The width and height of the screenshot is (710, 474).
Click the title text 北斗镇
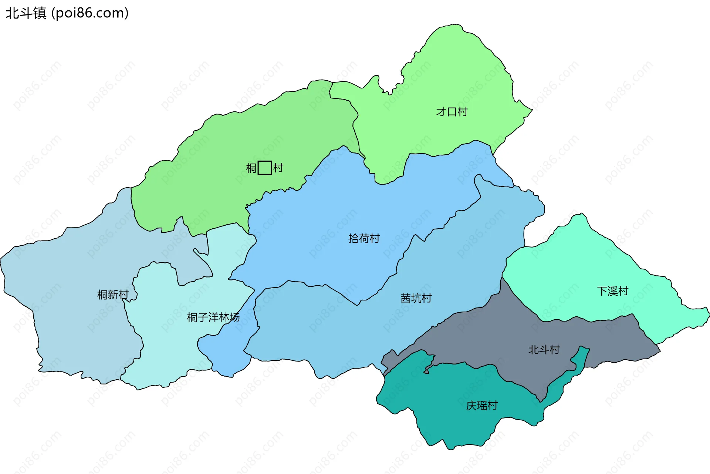[x=26, y=13]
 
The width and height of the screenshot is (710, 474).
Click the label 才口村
[x=452, y=111]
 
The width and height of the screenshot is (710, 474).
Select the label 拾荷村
[x=364, y=238]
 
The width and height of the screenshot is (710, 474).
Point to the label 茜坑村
[x=416, y=298]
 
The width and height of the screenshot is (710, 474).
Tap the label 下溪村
[x=612, y=291]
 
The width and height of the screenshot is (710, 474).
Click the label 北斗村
[x=544, y=350]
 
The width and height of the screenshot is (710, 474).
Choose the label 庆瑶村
[x=481, y=406]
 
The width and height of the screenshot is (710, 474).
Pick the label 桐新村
[x=113, y=295]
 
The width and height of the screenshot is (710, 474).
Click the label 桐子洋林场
[x=213, y=317]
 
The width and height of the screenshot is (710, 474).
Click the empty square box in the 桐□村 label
[x=264, y=168]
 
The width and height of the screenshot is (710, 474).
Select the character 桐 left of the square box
[x=251, y=168]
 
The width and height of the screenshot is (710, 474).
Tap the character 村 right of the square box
[x=278, y=168]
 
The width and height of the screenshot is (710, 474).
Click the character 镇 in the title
[x=40, y=13]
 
